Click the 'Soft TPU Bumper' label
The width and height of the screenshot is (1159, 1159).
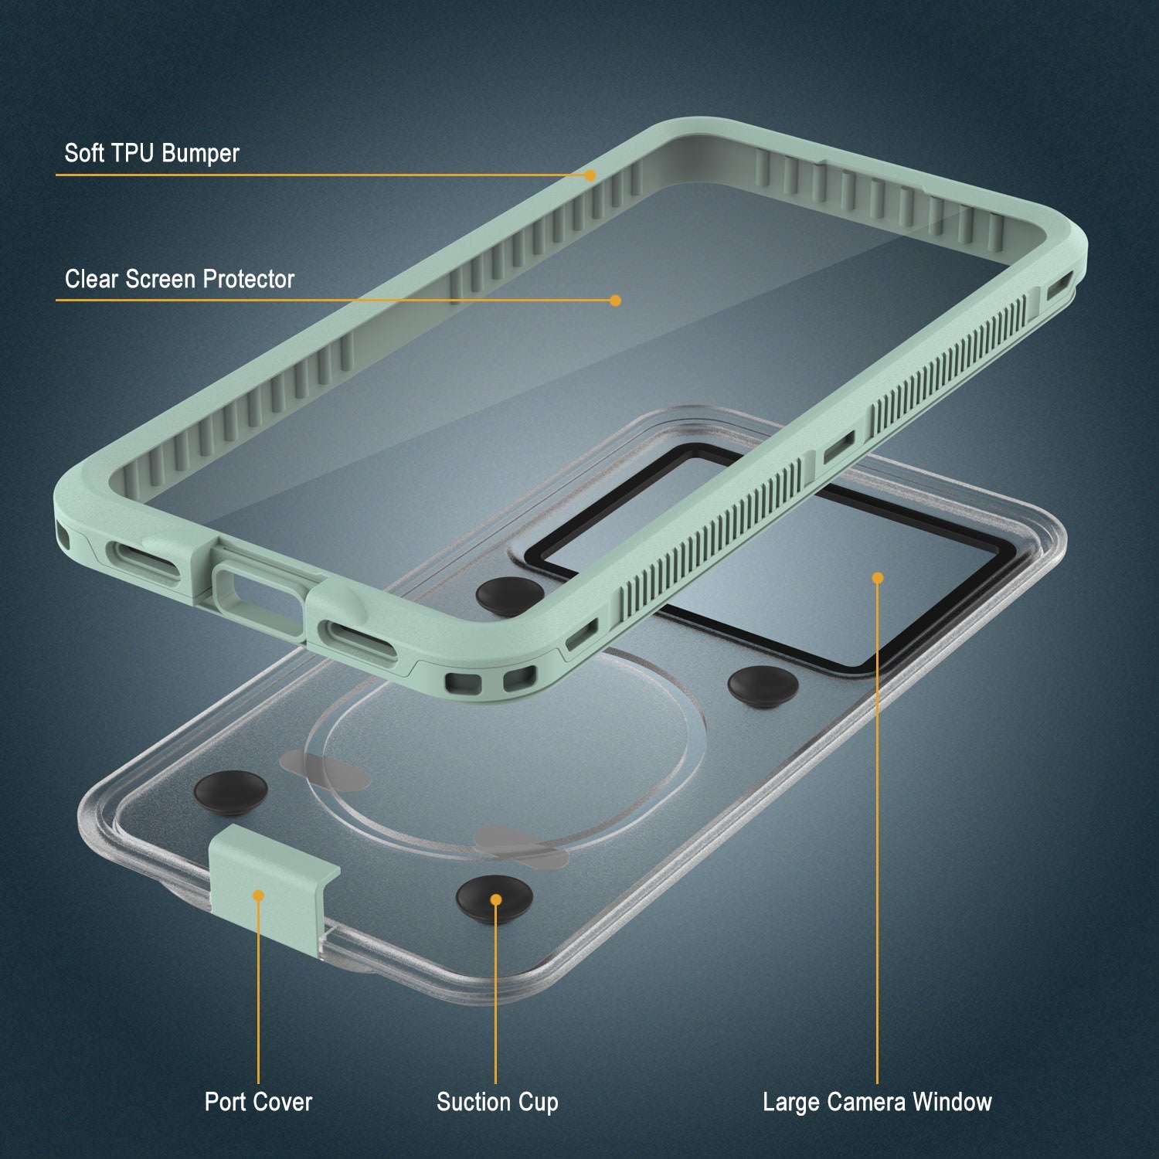click(x=151, y=153)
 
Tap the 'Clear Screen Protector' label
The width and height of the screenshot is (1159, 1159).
click(x=179, y=279)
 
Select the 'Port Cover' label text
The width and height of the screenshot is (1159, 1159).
click(x=258, y=1102)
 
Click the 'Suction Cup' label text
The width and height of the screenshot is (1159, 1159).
click(x=497, y=1102)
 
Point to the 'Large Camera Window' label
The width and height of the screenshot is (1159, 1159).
click(x=877, y=1102)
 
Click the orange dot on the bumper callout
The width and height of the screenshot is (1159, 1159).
click(x=590, y=175)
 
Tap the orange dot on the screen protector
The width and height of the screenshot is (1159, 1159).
click(x=615, y=301)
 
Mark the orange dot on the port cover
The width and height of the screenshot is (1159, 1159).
click(x=259, y=896)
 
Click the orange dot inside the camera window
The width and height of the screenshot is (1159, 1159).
click(x=878, y=578)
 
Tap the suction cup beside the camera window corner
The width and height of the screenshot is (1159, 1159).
click(x=763, y=685)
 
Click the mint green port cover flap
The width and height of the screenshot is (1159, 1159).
click(x=270, y=881)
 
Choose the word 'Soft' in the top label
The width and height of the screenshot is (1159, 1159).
click(x=83, y=153)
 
